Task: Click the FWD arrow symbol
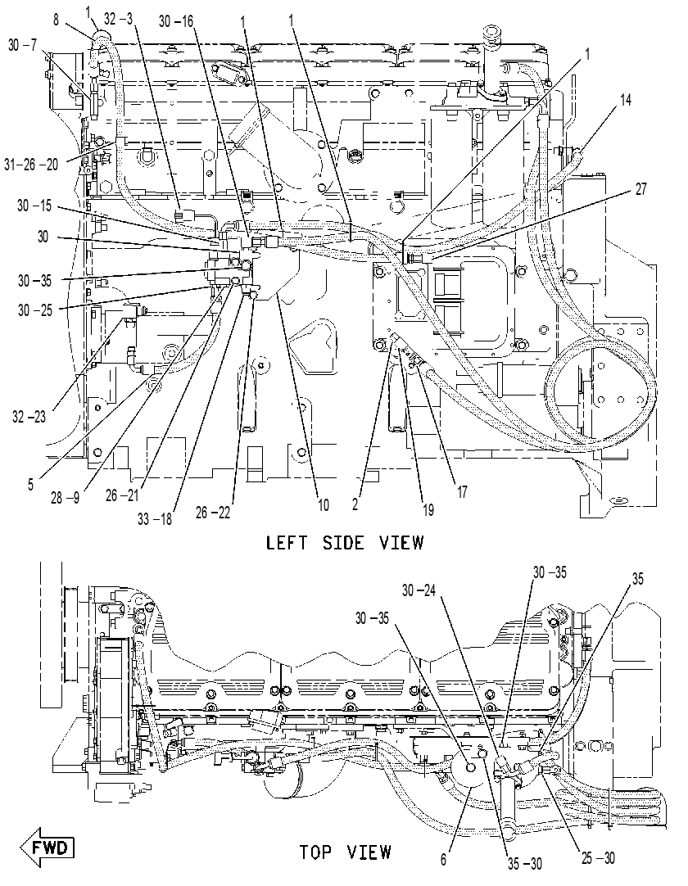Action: (48, 848)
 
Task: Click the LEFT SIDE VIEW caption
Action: (345, 543)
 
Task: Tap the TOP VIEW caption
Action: (345, 852)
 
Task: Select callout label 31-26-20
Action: (32, 165)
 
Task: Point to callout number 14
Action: (625, 100)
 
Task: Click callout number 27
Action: (640, 188)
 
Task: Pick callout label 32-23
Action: (29, 418)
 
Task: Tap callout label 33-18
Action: (155, 518)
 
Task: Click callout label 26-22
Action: (213, 513)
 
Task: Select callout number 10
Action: (323, 504)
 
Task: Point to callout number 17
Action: (462, 492)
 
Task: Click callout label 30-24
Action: (419, 590)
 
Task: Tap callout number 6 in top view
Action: (443, 860)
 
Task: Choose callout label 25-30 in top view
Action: (598, 857)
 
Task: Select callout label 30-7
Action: (23, 45)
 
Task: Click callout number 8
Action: (56, 21)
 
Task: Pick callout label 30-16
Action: (176, 21)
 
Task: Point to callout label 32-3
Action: (118, 19)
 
